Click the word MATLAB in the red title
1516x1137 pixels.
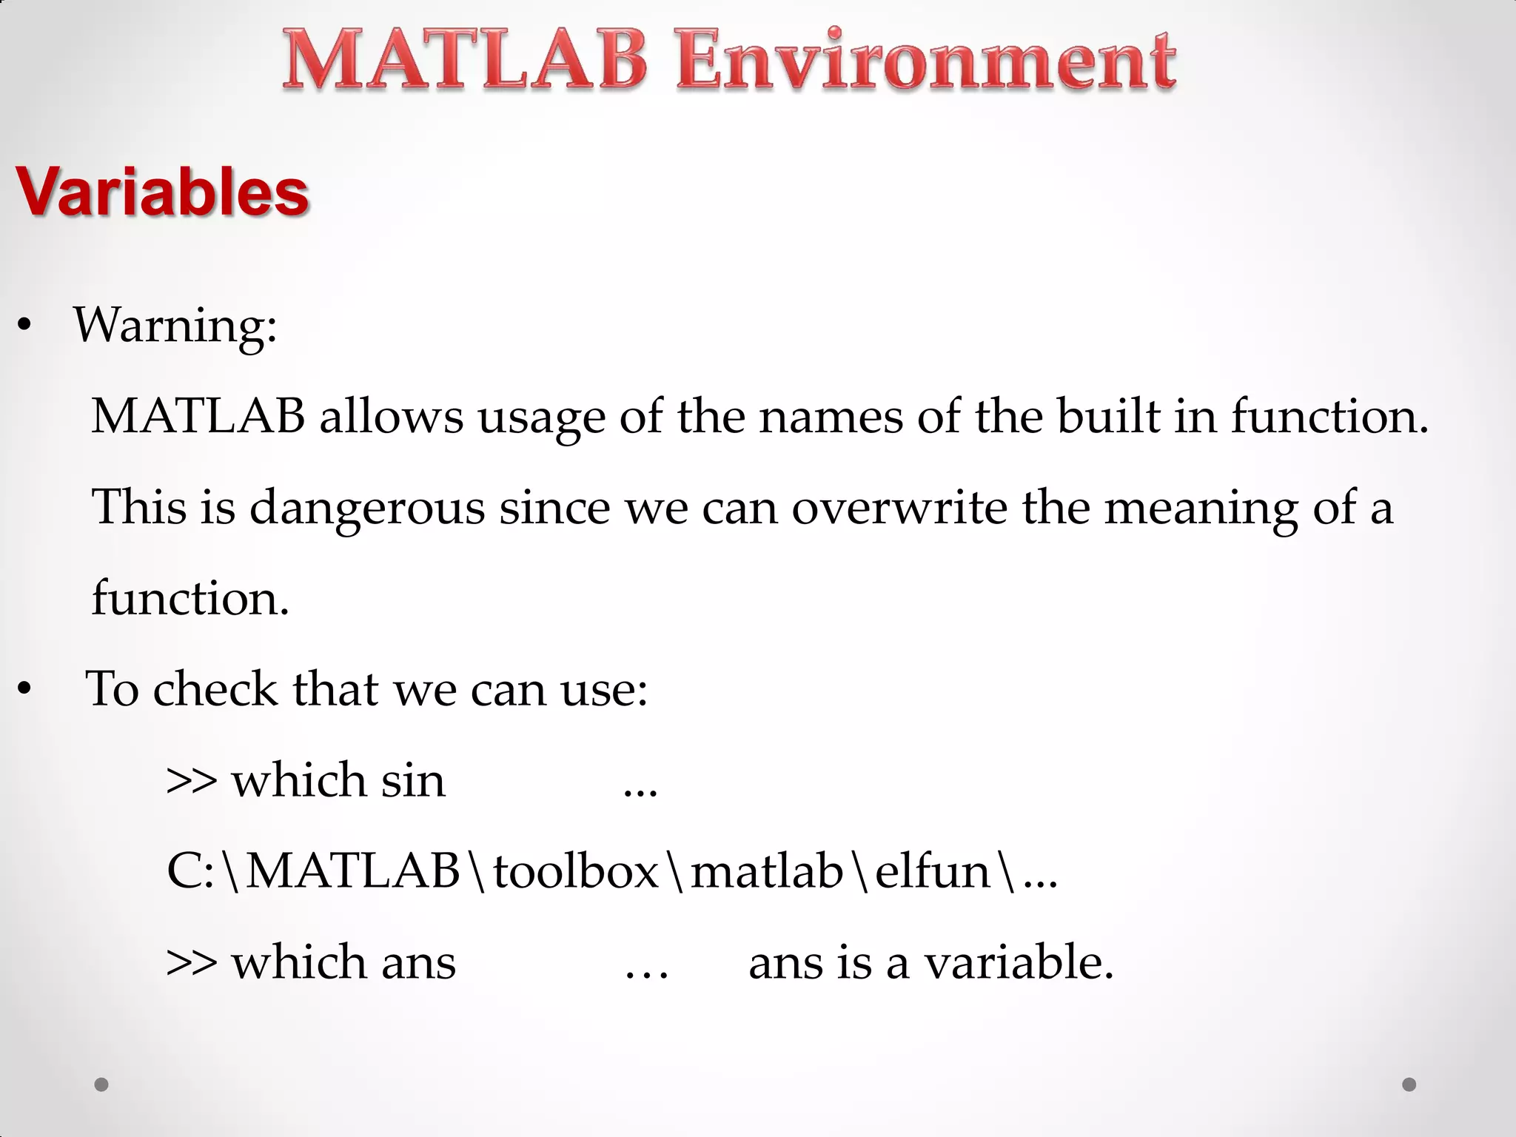coord(465,61)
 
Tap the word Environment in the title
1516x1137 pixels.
coord(925,61)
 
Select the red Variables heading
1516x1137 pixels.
coord(162,192)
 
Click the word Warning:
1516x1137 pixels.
coord(175,326)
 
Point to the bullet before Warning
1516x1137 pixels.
coord(24,326)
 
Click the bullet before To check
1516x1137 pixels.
coord(24,689)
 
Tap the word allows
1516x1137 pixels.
coord(391,416)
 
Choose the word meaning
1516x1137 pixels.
coord(1201,509)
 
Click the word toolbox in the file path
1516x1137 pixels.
coord(576,871)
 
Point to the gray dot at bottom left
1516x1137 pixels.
coord(101,1084)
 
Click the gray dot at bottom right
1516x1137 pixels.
coord(1409,1084)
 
